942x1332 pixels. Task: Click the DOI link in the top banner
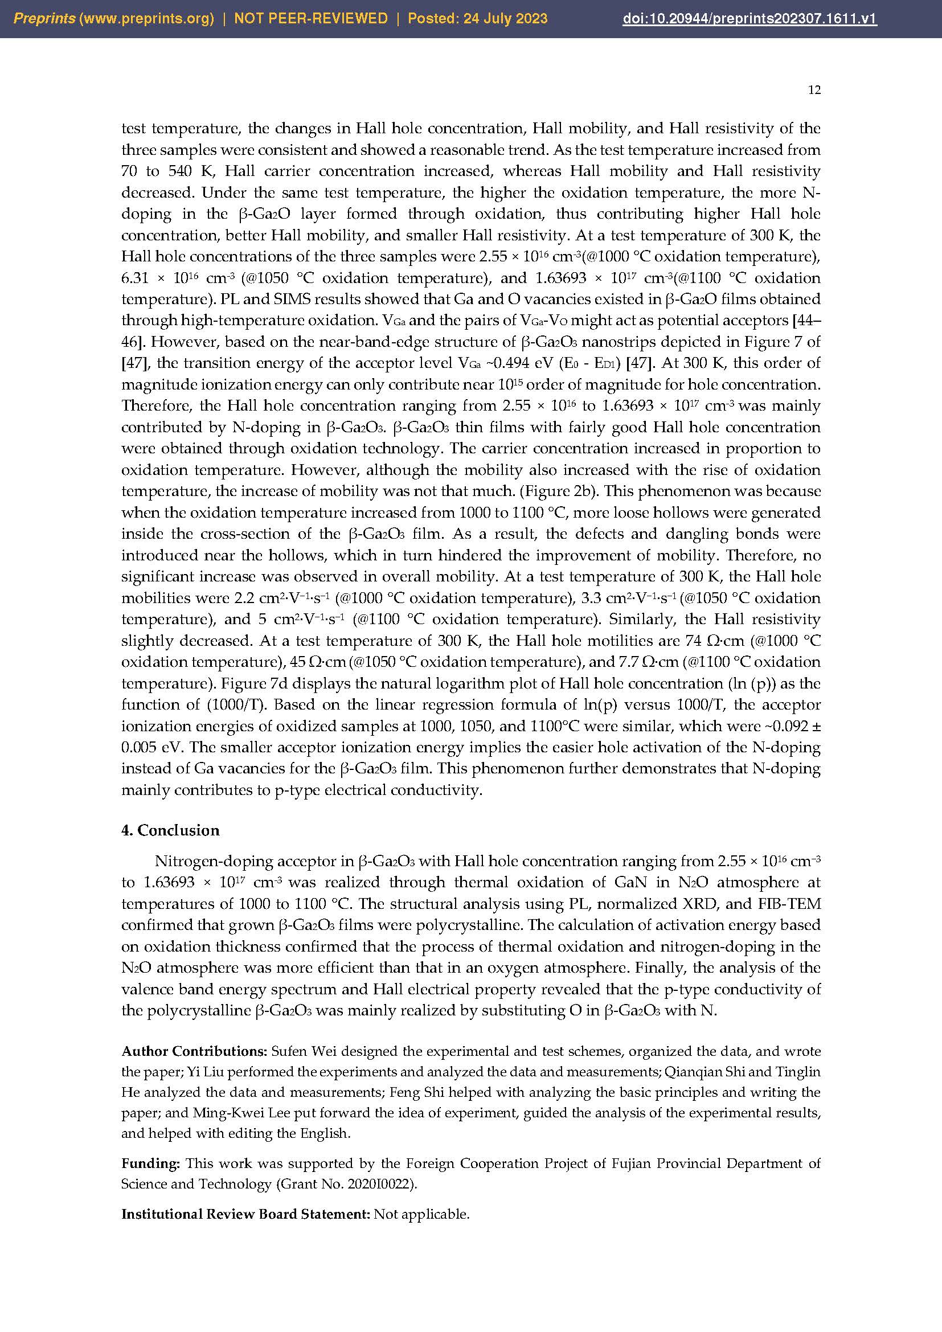749,19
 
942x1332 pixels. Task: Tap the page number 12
814,90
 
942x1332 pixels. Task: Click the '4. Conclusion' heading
170,830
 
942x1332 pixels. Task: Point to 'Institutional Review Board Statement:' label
245,1214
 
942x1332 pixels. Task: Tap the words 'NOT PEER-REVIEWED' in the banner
311,19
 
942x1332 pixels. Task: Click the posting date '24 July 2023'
505,19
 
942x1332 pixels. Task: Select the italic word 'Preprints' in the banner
44,19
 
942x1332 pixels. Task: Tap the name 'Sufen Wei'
296,1051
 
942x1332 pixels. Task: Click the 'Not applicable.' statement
421,1214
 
